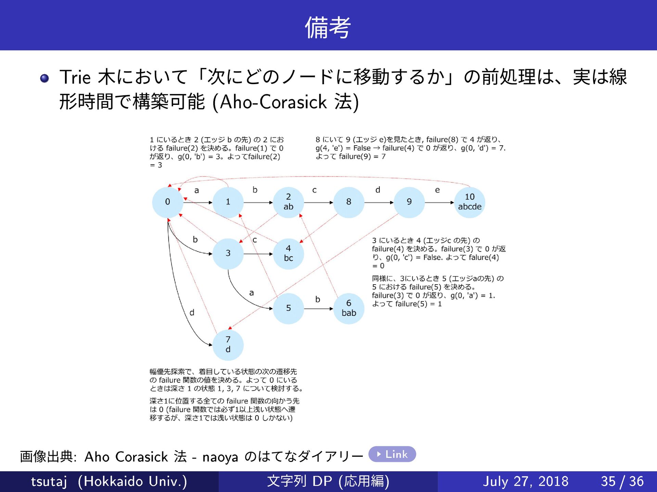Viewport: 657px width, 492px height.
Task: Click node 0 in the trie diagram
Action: click(167, 202)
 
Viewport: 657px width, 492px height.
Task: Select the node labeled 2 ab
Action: click(288, 202)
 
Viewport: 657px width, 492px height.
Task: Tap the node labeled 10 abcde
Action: click(469, 202)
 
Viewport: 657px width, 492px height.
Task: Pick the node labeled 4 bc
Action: click(288, 254)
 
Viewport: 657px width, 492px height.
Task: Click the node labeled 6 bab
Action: click(349, 308)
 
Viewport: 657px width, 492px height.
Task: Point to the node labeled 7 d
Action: click(228, 345)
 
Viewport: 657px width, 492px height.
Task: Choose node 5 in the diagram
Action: click(288, 308)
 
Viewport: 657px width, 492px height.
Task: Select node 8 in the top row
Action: click(349, 202)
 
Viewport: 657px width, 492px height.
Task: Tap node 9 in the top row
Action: click(409, 202)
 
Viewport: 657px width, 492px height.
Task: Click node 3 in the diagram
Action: click(228, 254)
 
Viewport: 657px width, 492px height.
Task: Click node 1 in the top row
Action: click(228, 202)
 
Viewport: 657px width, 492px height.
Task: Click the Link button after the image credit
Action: click(392, 454)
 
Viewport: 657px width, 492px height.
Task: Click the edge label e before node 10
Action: click(437, 190)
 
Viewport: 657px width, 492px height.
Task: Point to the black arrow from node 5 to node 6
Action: click(318, 309)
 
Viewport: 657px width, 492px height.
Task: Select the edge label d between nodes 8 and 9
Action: click(378, 190)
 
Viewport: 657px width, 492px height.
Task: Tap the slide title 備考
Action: click(328, 27)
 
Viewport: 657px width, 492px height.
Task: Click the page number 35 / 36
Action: click(622, 481)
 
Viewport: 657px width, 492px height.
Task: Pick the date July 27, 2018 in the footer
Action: click(525, 481)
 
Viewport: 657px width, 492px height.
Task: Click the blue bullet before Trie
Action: click(44, 79)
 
